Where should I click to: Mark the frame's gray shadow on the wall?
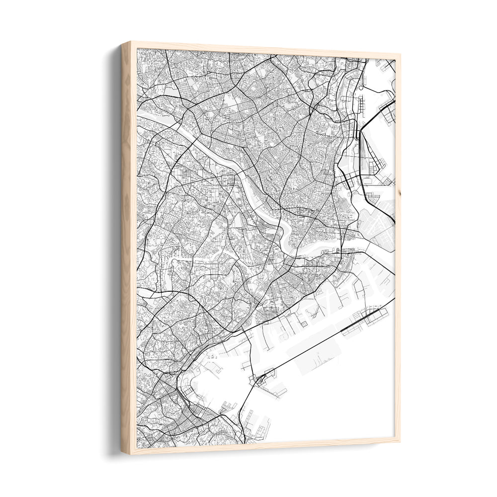[x=113, y=248]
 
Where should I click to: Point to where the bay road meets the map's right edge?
[x=394, y=299]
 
